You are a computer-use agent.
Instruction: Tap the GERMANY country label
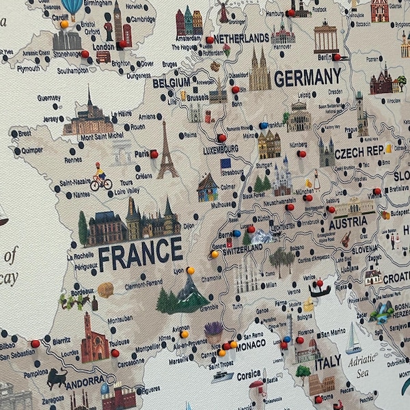point(307,77)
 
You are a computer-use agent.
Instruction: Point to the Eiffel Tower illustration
point(165,151)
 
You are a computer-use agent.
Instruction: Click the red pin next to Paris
point(154,154)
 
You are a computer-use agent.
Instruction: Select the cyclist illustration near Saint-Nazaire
point(100,177)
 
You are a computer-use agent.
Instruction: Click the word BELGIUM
point(171,83)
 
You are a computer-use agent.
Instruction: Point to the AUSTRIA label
point(348,223)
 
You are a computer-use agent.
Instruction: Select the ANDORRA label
point(86,381)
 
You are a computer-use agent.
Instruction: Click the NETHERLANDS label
point(241,38)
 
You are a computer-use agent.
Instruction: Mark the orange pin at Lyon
point(190,271)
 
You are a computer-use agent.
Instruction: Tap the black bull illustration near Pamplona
point(56,378)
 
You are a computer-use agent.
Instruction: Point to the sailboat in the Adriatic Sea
point(353,339)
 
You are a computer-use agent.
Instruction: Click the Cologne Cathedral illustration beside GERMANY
point(259,70)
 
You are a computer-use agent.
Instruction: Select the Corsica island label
point(249,374)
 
